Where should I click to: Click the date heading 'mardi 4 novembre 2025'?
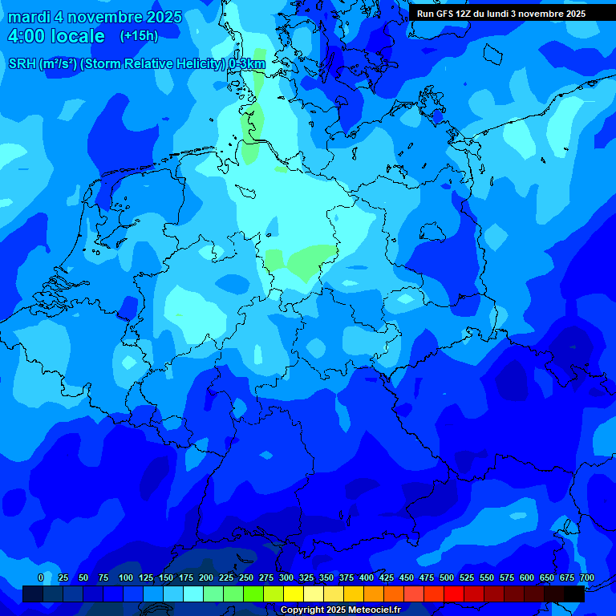[95, 17]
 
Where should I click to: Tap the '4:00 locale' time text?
[56, 36]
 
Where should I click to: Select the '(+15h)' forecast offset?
[139, 35]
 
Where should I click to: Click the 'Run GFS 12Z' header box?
[501, 14]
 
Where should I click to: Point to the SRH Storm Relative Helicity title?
[136, 63]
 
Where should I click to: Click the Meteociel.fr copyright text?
[340, 610]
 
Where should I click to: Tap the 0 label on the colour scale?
[41, 577]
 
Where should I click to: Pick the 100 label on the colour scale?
[126, 577]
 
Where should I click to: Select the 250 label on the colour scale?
[246, 577]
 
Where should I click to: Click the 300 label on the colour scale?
[286, 577]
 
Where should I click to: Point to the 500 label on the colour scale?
[447, 577]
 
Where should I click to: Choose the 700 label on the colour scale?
[586, 577]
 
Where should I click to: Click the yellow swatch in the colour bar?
[294, 594]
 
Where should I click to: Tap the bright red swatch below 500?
[454, 594]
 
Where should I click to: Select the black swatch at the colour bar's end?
[574, 594]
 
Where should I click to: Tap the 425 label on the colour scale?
[387, 577]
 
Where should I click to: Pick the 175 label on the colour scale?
[186, 577]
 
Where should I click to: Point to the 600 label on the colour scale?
[527, 577]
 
